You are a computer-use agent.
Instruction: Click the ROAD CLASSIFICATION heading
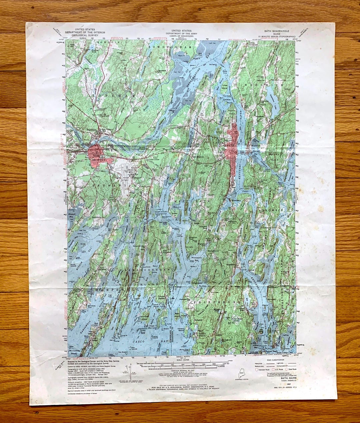point(275,360)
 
